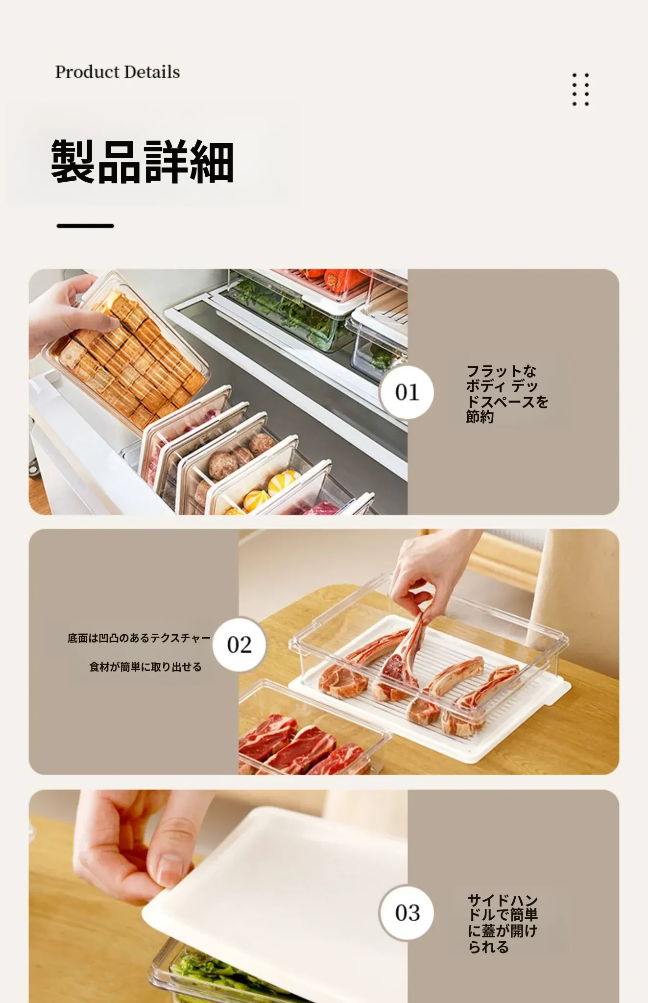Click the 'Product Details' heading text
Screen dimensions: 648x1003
117,72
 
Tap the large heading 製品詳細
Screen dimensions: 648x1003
142,162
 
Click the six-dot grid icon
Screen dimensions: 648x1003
580,90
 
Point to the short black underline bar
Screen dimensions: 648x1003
85,226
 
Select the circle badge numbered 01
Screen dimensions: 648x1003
407,392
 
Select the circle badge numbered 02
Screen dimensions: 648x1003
239,645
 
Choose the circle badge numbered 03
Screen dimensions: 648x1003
407,913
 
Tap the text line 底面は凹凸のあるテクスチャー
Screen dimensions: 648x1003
139,638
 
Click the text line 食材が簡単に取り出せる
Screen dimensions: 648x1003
145,667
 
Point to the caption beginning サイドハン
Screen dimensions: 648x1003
503,923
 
